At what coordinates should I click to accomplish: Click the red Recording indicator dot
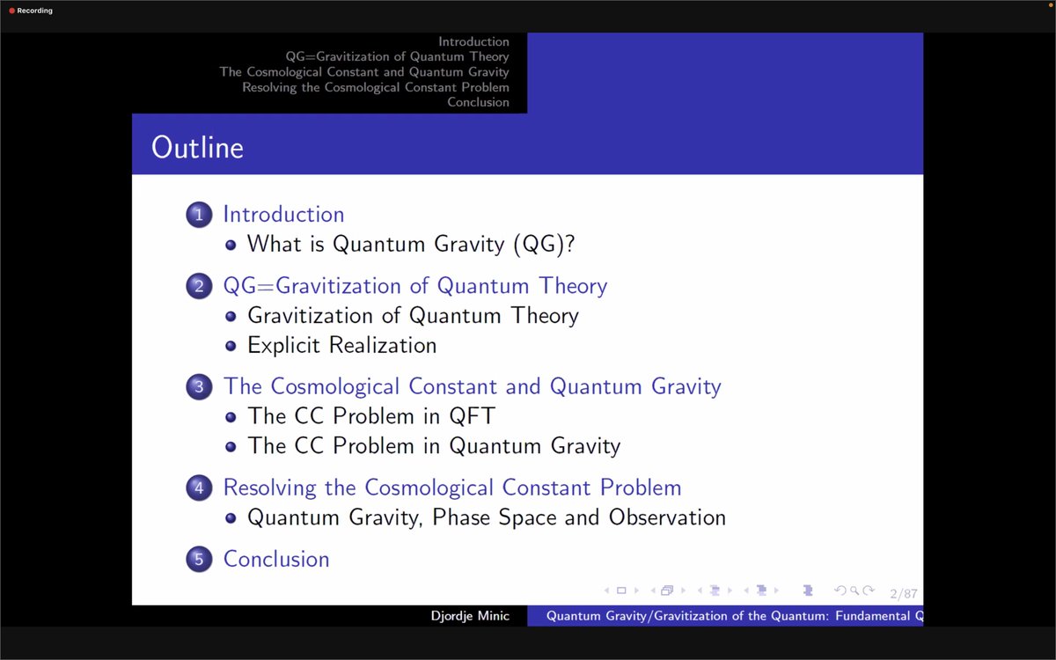[12, 11]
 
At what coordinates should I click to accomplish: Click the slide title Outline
[197, 147]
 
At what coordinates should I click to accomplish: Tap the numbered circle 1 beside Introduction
[200, 215]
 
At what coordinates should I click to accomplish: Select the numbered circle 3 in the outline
[200, 386]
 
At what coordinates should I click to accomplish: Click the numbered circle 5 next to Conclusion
[200, 559]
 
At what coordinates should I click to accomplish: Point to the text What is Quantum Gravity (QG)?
[411, 244]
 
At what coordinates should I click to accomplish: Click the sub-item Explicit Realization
[341, 345]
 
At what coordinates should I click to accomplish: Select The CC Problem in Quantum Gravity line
[434, 446]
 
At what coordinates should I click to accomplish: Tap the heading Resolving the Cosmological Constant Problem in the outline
[452, 488]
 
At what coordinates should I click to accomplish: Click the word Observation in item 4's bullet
[667, 517]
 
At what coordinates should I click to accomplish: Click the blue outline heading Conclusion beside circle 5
[276, 559]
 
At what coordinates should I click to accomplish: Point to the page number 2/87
[904, 594]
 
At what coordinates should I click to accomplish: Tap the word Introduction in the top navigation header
[473, 41]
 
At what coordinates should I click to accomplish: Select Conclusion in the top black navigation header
[478, 102]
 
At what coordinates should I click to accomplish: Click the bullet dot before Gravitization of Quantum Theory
[231, 316]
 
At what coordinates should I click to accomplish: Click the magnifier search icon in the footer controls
[854, 590]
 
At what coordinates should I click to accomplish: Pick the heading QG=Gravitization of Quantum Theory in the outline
[415, 286]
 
